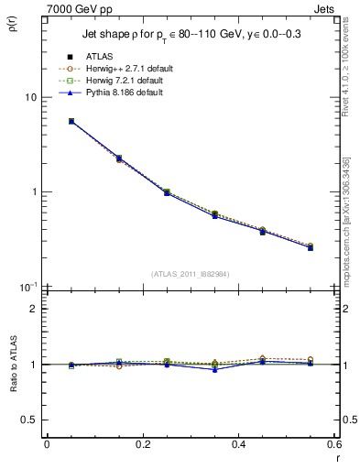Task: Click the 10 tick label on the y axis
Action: click(x=30, y=97)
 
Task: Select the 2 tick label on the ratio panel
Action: click(x=34, y=309)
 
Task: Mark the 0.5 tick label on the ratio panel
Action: click(x=29, y=420)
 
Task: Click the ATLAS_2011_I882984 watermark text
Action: click(x=191, y=274)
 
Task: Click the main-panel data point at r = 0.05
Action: click(x=71, y=121)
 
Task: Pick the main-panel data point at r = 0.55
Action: click(x=311, y=247)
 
